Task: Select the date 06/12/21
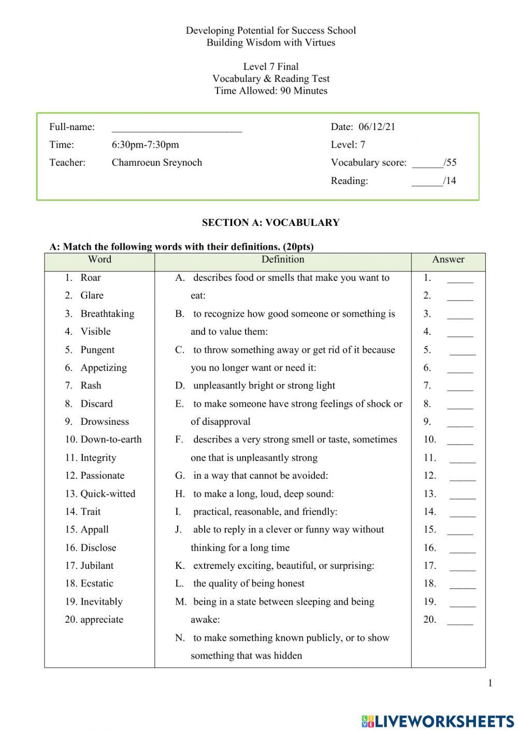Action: (377, 127)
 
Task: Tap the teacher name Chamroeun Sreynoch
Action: (156, 163)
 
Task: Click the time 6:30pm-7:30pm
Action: (145, 145)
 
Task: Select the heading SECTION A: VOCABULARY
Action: (270, 223)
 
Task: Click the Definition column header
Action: (282, 260)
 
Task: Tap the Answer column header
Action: (448, 260)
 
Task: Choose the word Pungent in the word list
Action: (97, 350)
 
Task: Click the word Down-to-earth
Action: (111, 439)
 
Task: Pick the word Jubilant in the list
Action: (97, 565)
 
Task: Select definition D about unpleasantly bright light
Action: (264, 385)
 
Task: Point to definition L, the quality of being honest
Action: (248, 583)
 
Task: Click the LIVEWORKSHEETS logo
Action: (438, 721)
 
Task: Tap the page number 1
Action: (490, 683)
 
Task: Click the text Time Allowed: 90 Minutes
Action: (270, 91)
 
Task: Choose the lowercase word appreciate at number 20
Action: (102, 620)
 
